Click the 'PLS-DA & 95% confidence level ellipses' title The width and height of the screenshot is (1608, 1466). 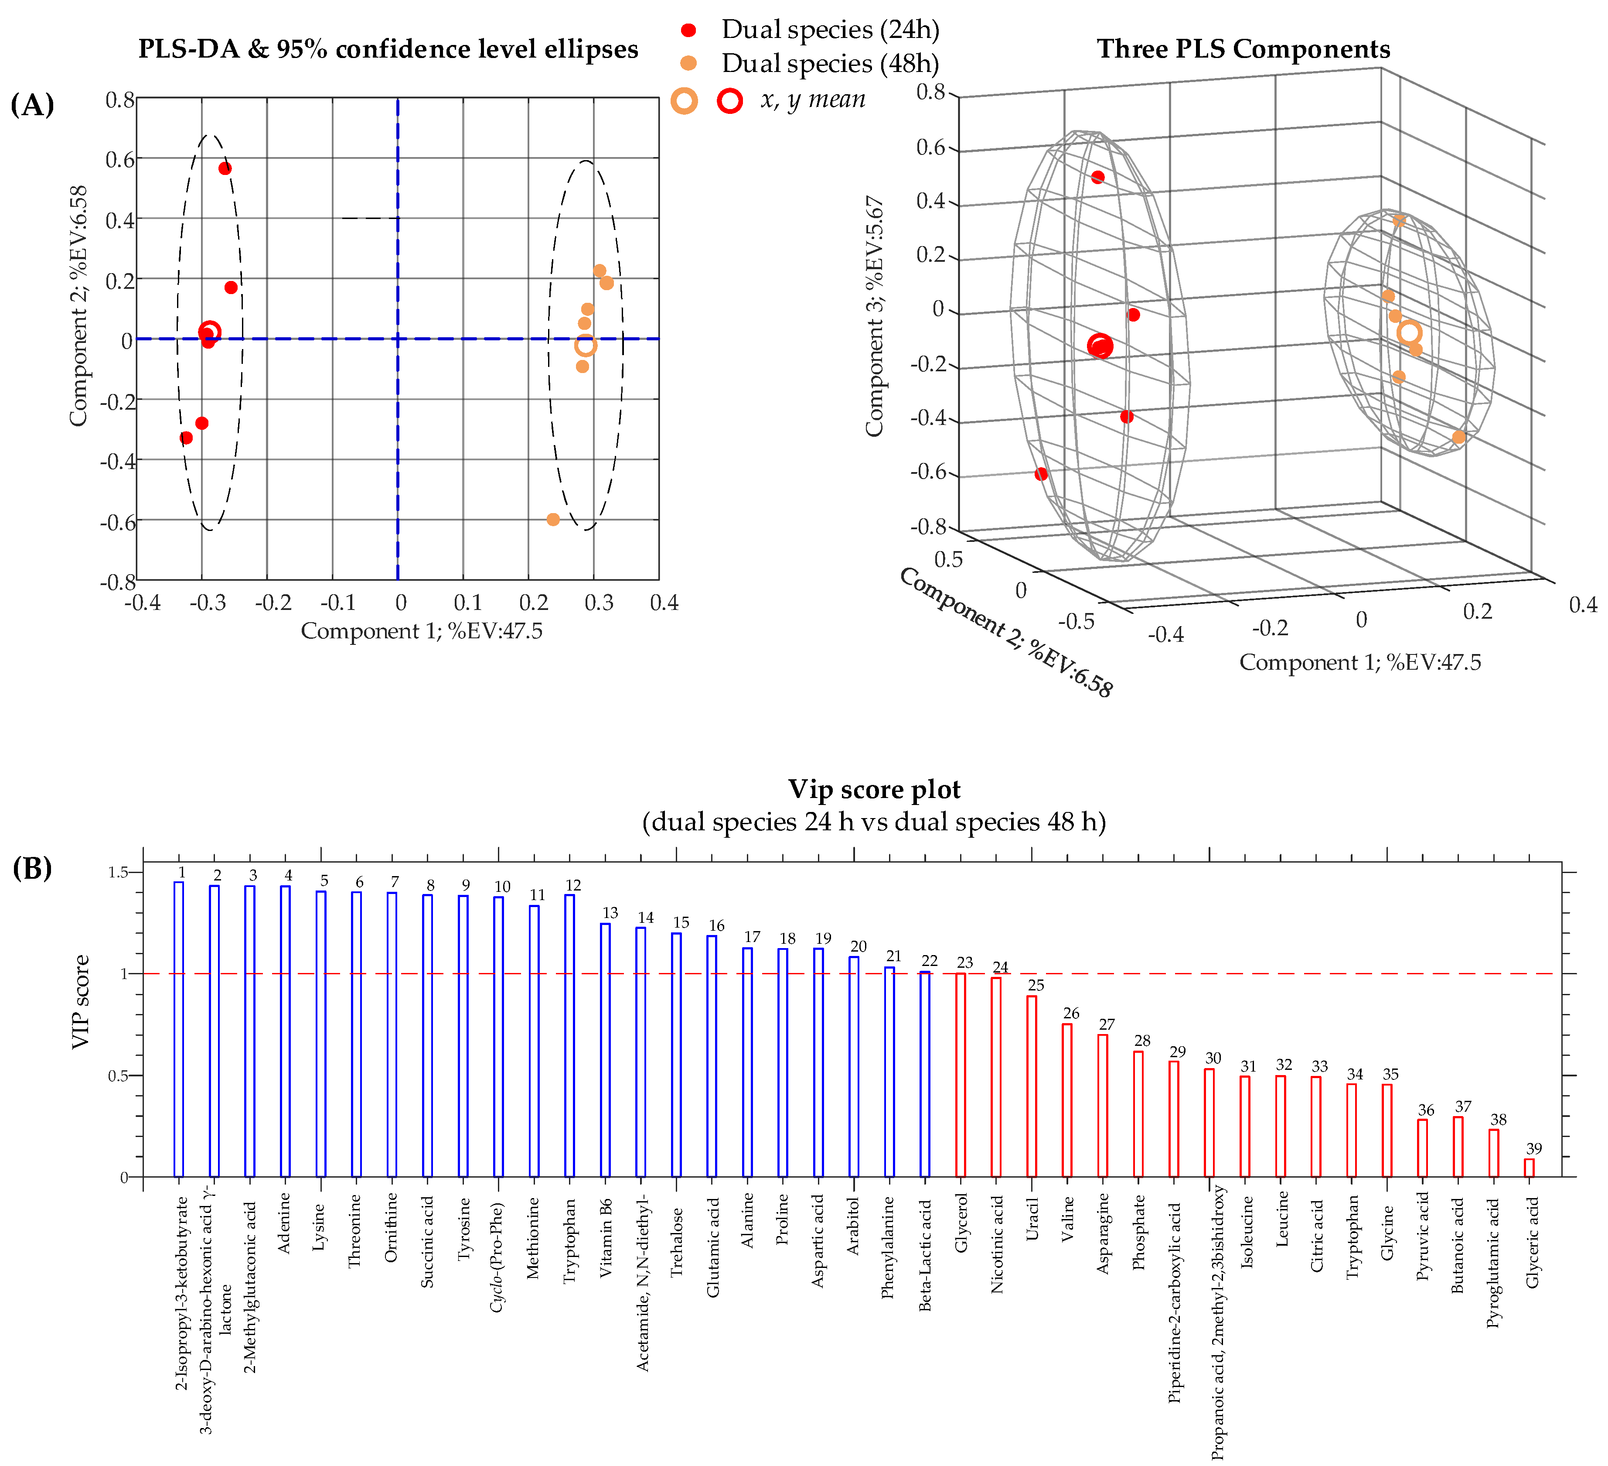point(388,49)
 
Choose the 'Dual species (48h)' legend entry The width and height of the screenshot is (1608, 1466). point(830,64)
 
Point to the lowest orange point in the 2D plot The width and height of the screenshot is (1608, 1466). point(553,520)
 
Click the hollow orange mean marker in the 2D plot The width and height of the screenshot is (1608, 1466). point(586,346)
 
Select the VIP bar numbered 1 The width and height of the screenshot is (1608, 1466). point(179,1029)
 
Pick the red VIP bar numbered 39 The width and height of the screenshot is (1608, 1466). point(1529,1168)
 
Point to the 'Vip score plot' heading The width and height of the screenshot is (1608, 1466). point(874,789)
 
